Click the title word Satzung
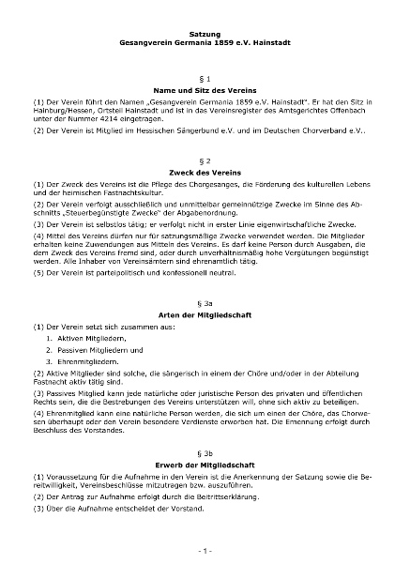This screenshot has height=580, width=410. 205,34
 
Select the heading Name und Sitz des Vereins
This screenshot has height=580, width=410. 205,86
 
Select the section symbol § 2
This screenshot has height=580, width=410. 205,160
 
